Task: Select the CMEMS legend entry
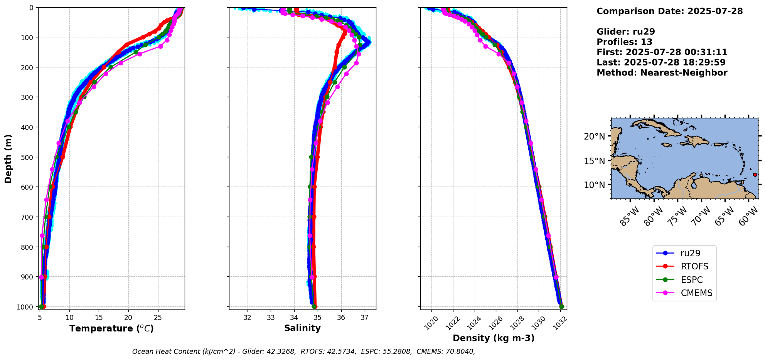click(x=696, y=293)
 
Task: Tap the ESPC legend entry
click(x=691, y=280)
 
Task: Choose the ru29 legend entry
click(x=690, y=253)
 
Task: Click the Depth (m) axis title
click(x=8, y=158)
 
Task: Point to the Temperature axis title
click(x=111, y=328)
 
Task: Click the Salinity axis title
click(x=302, y=328)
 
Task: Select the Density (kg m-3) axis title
click(x=493, y=338)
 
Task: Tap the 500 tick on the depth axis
click(x=30, y=157)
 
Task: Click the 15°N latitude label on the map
click(x=594, y=161)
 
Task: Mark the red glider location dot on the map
click(x=755, y=175)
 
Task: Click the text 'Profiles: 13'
click(x=624, y=42)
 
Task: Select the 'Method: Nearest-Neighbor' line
click(x=662, y=73)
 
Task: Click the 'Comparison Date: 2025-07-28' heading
click(x=669, y=11)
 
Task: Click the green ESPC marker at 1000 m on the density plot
click(x=561, y=306)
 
